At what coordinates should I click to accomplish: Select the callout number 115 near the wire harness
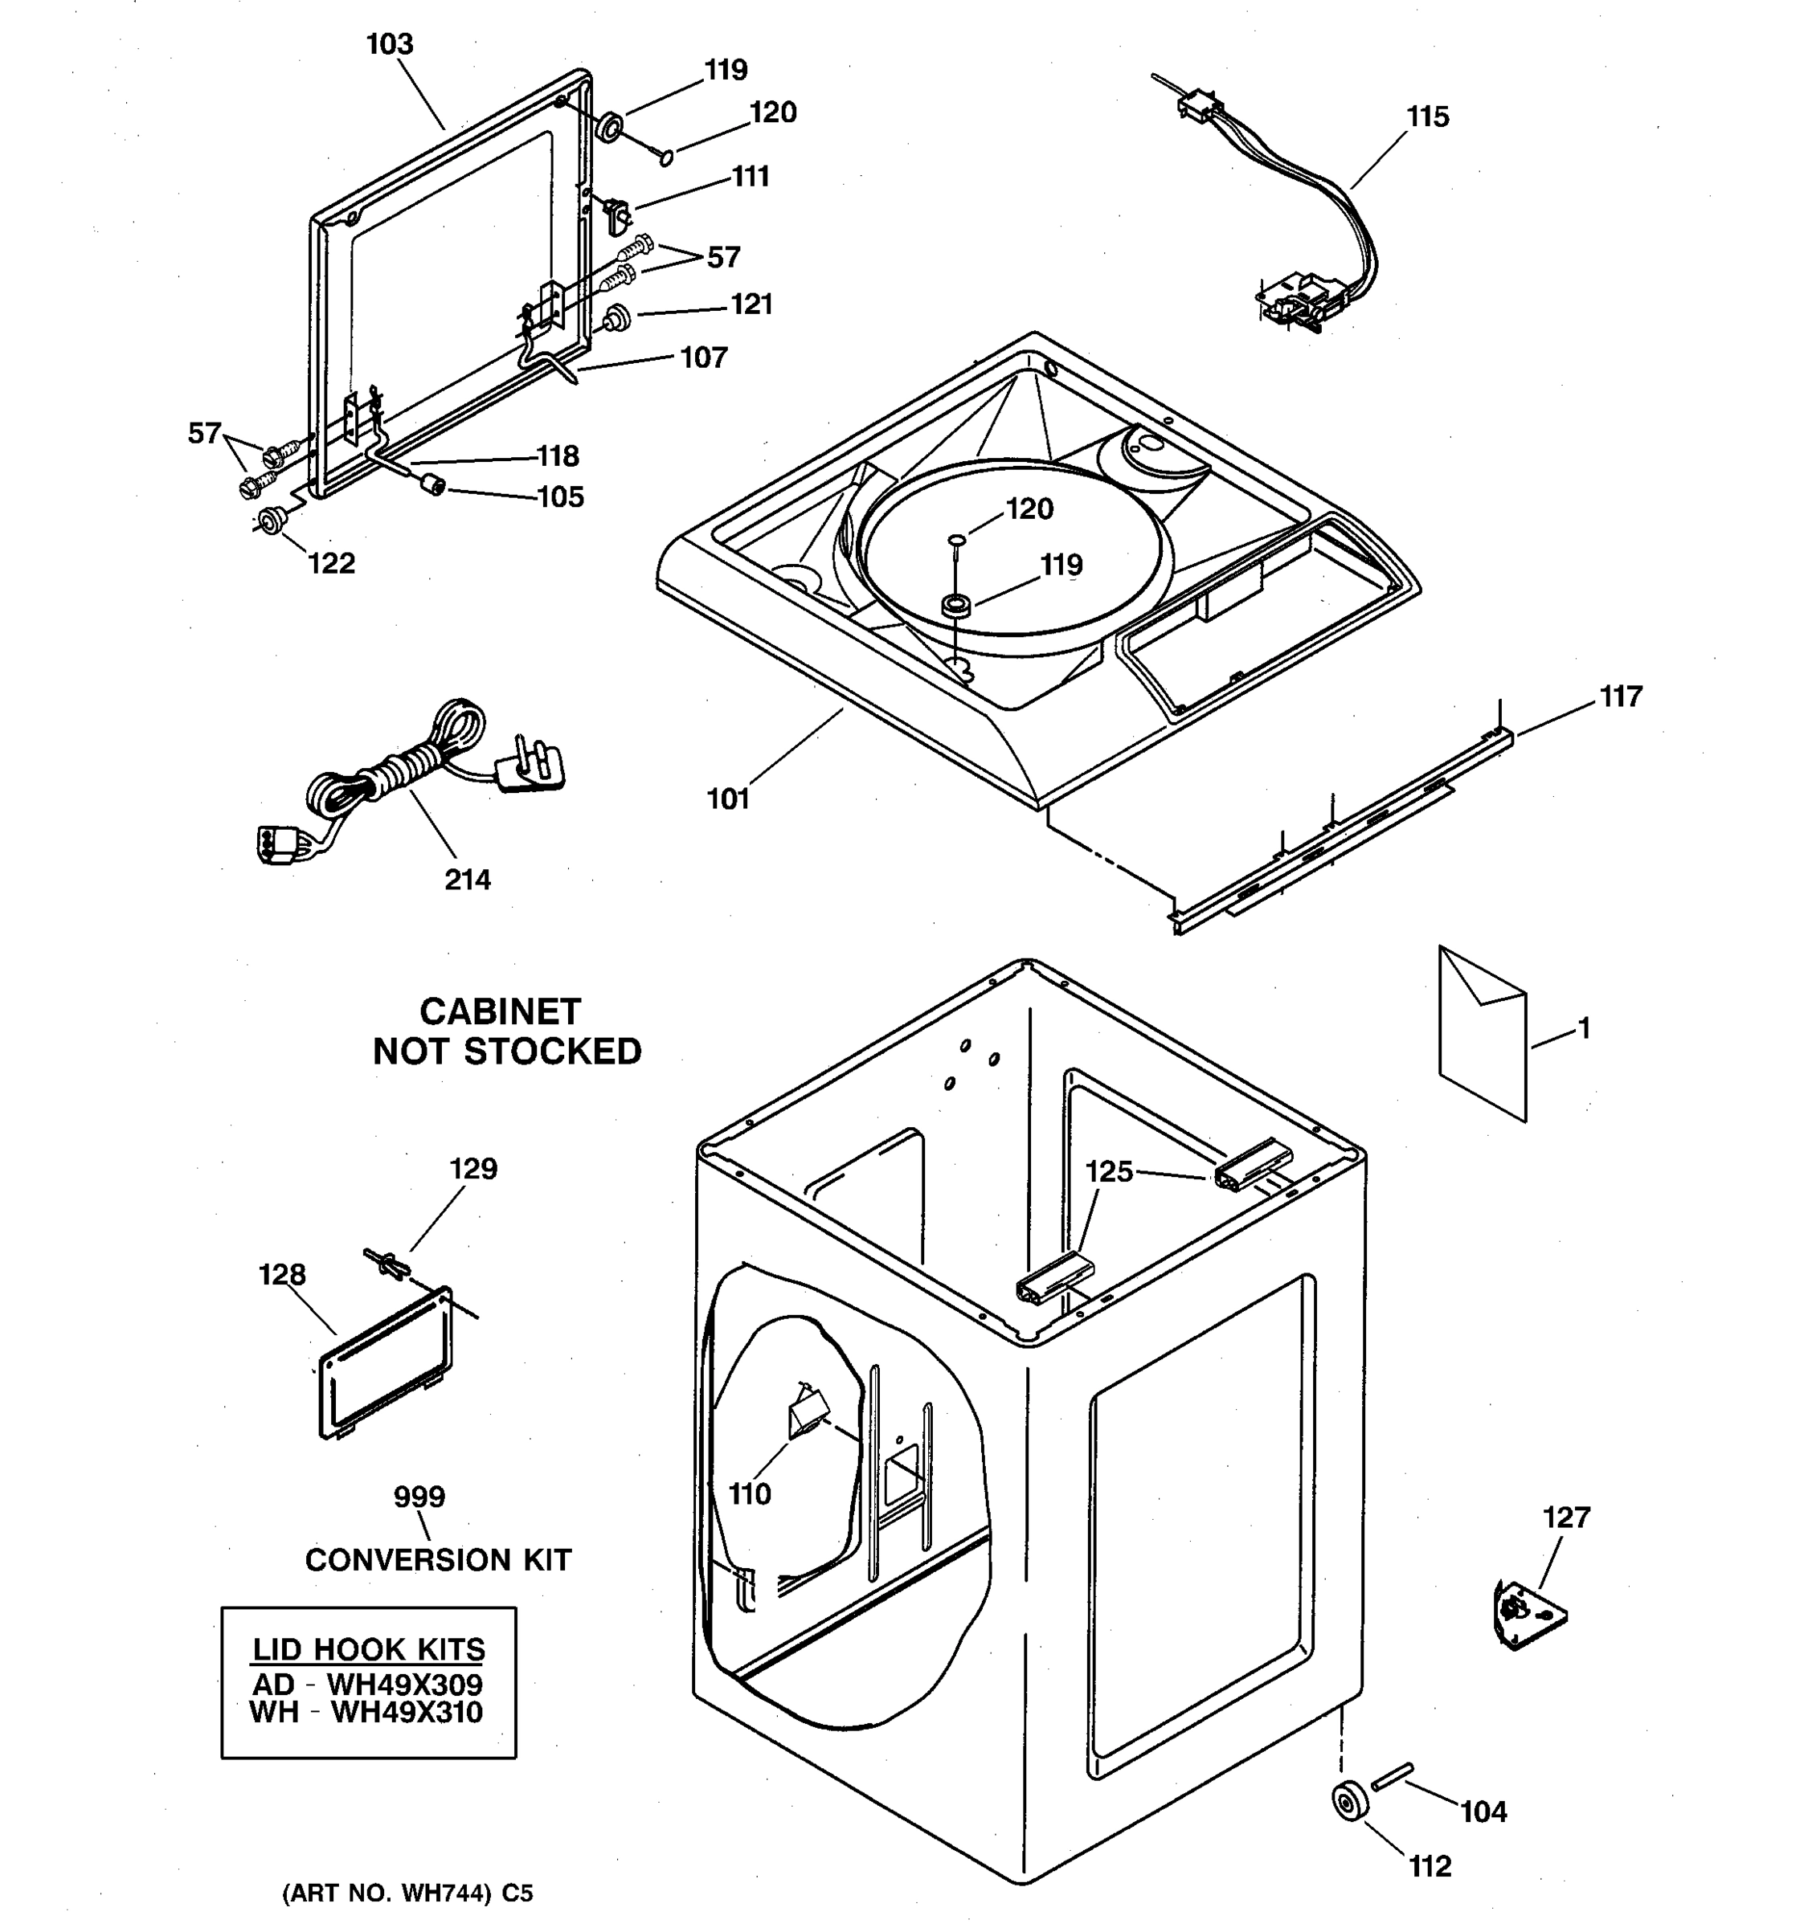click(1427, 116)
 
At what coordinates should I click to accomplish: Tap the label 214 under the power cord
click(468, 880)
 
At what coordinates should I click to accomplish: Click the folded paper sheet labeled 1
click(1481, 1033)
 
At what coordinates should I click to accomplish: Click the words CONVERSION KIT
click(439, 1559)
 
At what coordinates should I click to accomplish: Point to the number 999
click(419, 1497)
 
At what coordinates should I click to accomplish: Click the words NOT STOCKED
click(506, 1052)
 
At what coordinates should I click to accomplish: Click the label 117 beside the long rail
click(1621, 696)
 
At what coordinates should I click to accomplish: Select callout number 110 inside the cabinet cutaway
click(749, 1494)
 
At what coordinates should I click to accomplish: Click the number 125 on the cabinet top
click(1109, 1171)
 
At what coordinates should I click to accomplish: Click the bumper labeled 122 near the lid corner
click(270, 521)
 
